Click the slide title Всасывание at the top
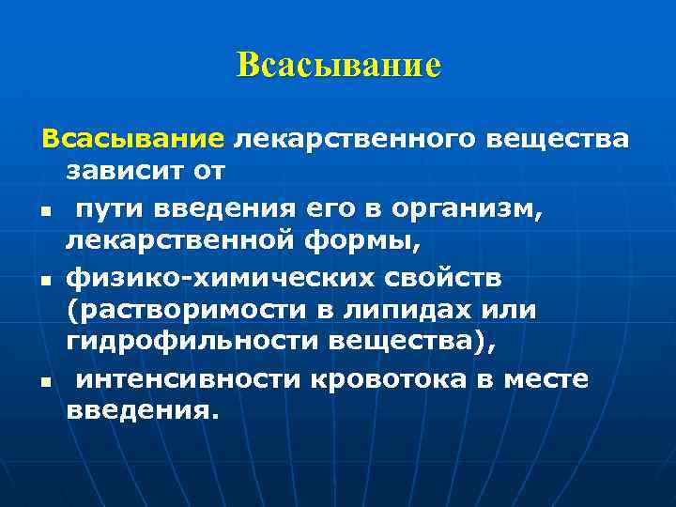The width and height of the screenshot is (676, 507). (338, 66)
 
